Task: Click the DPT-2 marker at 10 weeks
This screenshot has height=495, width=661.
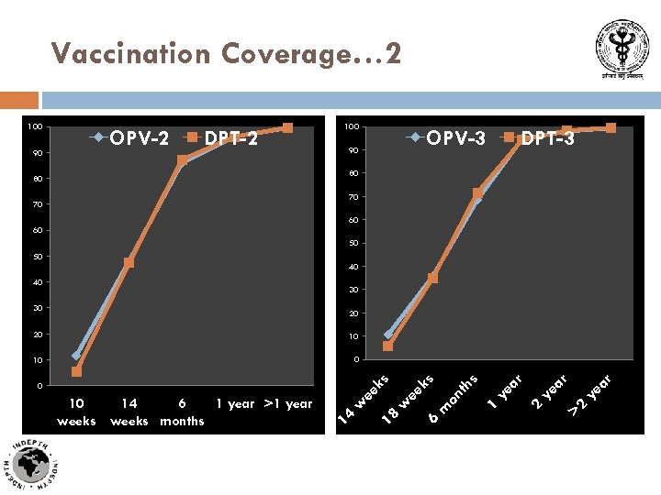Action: pyautogui.click(x=77, y=372)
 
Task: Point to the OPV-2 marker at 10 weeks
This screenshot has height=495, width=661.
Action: pyautogui.click(x=77, y=356)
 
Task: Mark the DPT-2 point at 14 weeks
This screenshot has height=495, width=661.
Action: pyautogui.click(x=129, y=263)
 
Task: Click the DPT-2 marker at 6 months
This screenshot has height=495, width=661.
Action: pyautogui.click(x=182, y=160)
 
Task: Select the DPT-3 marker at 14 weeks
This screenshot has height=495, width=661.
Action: pyautogui.click(x=387, y=346)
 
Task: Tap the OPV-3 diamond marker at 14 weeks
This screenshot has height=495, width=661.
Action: pyautogui.click(x=388, y=335)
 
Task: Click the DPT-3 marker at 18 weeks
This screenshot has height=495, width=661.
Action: pyautogui.click(x=432, y=278)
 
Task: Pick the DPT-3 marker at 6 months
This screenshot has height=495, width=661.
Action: pyautogui.click(x=477, y=193)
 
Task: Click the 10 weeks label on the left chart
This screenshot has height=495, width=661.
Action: pyautogui.click(x=77, y=412)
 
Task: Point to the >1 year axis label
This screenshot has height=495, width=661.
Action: pyautogui.click(x=287, y=404)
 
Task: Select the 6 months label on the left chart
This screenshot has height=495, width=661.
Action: pyautogui.click(x=182, y=412)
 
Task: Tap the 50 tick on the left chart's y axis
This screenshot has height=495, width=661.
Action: pyautogui.click(x=38, y=256)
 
